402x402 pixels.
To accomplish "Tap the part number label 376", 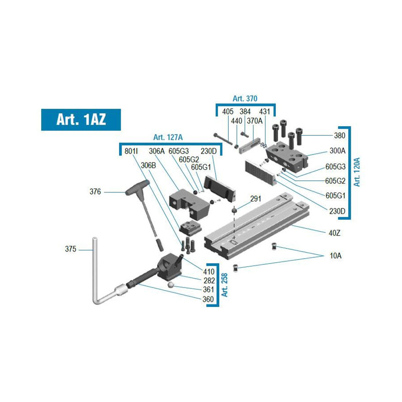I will (95, 191).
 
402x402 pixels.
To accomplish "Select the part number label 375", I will (71, 249).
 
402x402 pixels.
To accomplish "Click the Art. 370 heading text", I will (245, 99).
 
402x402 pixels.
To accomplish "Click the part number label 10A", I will (336, 256).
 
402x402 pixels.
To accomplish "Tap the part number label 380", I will (340, 135).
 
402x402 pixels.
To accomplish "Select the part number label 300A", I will (337, 150).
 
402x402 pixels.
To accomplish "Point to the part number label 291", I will (256, 199).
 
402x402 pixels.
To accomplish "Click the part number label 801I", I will (131, 151).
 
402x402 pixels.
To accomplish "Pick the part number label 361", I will (209, 289).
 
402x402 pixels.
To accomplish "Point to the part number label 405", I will (228, 111).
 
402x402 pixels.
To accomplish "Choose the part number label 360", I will (209, 299).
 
